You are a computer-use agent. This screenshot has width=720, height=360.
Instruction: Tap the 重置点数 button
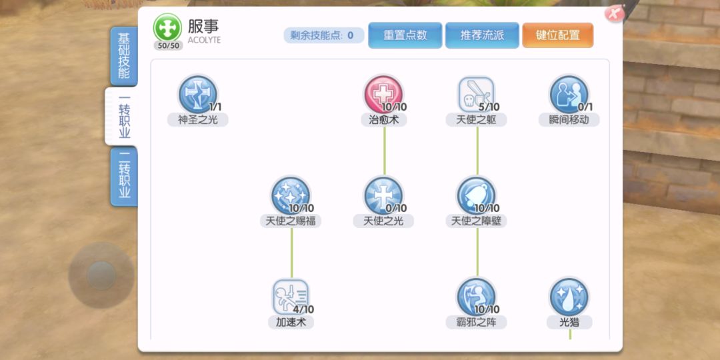[x=405, y=35]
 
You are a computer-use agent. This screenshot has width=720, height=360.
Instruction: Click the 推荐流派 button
[x=482, y=35]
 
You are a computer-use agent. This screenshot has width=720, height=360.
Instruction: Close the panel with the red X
[x=615, y=13]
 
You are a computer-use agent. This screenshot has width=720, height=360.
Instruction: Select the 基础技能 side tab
[x=124, y=56]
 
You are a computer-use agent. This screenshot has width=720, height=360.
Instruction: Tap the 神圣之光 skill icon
[x=197, y=95]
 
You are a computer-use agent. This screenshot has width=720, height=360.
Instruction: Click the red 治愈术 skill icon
[x=383, y=95]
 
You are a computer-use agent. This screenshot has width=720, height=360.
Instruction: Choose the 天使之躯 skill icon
[x=477, y=95]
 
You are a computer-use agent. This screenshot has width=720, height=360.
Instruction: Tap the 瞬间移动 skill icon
[x=569, y=95]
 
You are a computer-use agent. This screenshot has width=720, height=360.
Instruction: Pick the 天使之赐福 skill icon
[x=291, y=195]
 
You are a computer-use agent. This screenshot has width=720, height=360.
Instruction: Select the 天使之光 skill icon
[x=383, y=195]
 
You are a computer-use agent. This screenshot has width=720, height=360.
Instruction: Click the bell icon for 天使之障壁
[x=477, y=195]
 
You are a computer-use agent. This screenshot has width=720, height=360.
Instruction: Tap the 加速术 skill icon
[x=291, y=297]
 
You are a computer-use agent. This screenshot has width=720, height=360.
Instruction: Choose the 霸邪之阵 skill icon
[x=477, y=297]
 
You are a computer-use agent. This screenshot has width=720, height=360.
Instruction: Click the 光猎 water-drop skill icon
[x=569, y=297]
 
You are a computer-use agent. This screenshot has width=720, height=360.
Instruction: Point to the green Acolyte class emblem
[x=167, y=27]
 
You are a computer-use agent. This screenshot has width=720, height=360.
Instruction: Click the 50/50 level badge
[x=168, y=45]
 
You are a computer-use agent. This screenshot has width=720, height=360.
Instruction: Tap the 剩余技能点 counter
[x=324, y=35]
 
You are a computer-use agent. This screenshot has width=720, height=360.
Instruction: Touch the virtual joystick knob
[x=101, y=276]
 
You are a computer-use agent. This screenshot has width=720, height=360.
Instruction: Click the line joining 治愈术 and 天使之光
[x=385, y=151]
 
